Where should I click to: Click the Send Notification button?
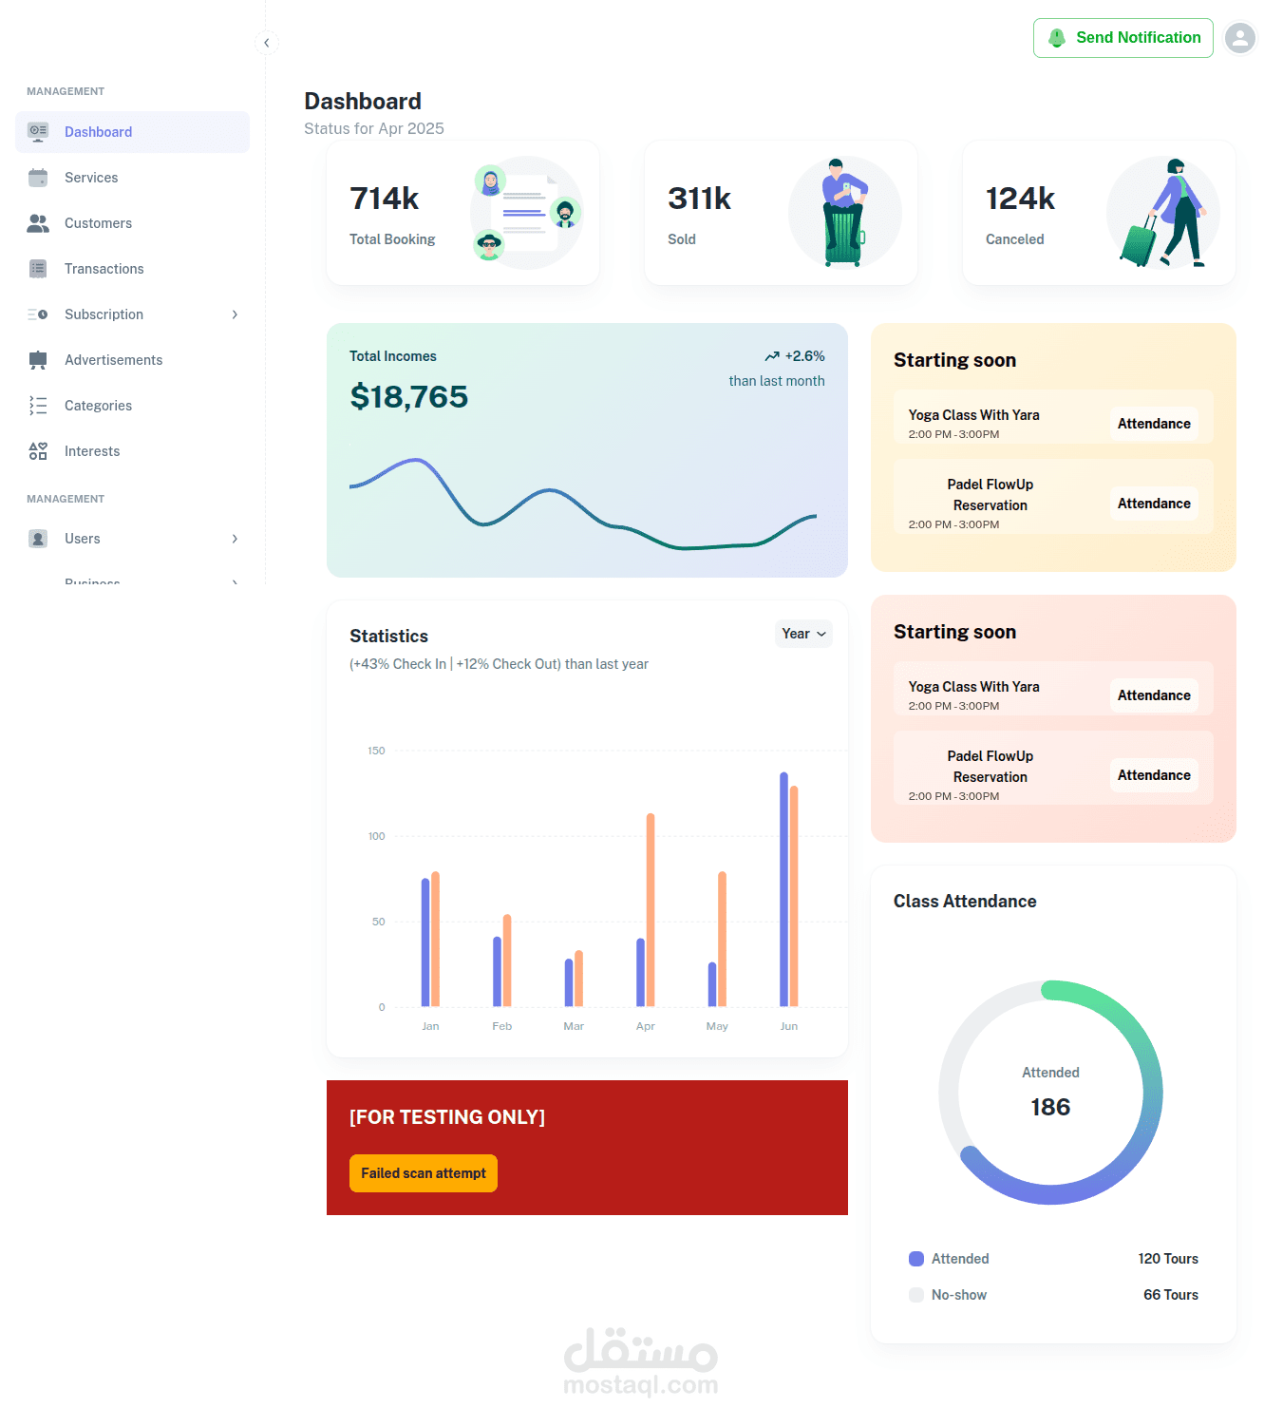pos(1123,38)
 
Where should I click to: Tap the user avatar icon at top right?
pos(1239,38)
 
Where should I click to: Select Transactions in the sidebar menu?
pos(104,269)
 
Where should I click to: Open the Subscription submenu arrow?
pos(235,314)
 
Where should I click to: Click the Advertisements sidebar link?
pos(113,360)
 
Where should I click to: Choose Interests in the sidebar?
pos(92,451)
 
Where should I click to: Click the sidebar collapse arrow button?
pos(267,43)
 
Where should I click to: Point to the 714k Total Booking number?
pos(385,199)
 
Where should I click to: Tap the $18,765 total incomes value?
pos(408,397)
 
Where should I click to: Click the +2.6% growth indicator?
pos(795,356)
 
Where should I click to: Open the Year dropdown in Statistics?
pos(803,634)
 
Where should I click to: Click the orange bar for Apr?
pos(651,909)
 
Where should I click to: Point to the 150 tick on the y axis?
pos(377,751)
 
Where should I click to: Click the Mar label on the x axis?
pos(574,1026)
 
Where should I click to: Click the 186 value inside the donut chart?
pos(1050,1107)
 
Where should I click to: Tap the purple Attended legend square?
pos(916,1259)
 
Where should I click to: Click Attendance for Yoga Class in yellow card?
pos(1153,424)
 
